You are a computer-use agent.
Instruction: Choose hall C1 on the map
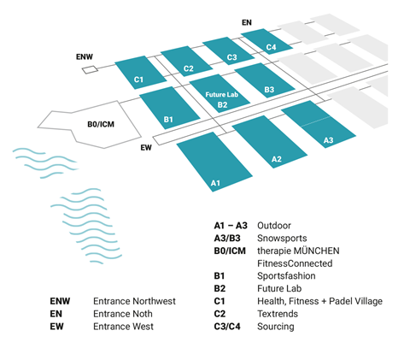(139, 73)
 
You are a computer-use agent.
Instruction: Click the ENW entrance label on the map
(85, 58)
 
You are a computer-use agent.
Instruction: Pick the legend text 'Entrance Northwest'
(134, 301)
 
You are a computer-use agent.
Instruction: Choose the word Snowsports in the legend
(282, 239)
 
